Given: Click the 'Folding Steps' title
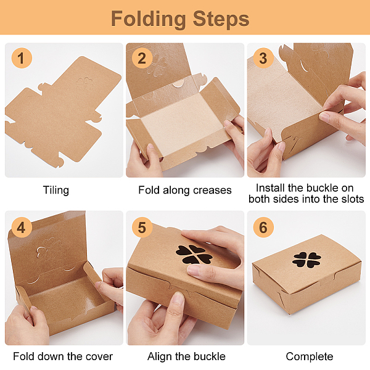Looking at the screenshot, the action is tap(180, 19).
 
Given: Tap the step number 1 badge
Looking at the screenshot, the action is tap(22, 58).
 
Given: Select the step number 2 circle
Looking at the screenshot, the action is tap(142, 58).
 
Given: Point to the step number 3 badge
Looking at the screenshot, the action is tap(263, 58).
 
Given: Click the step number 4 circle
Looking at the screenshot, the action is tap(22, 228).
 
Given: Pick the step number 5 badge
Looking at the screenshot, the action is tap(142, 228).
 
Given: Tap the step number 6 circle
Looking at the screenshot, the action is tap(263, 228).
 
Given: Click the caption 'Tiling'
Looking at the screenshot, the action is tap(56, 190).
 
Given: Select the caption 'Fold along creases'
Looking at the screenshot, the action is tap(185, 190).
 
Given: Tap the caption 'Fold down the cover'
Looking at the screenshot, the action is tap(63, 356).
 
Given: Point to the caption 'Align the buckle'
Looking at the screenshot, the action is tap(186, 356).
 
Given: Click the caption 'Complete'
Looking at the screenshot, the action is tap(310, 356).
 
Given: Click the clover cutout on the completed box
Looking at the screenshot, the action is tap(306, 260).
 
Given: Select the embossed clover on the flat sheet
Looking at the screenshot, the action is tap(84, 83).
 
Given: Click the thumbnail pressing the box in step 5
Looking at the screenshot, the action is tap(177, 298).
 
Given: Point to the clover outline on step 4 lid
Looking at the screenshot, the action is tap(49, 249).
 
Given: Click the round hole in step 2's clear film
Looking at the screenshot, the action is tap(178, 83).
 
